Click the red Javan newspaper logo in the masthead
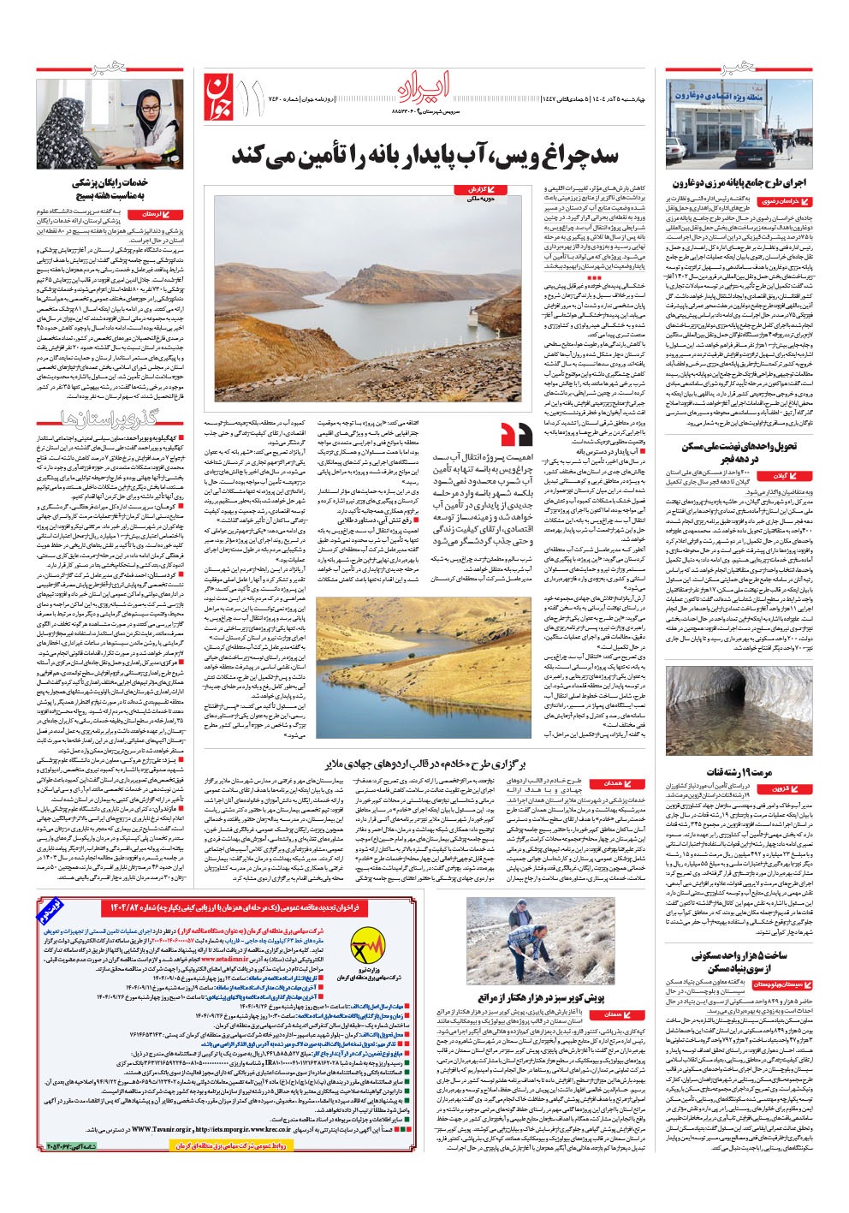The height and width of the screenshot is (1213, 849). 219,92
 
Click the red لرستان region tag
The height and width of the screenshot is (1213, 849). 153,213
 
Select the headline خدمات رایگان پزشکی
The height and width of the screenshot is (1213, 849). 114,182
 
